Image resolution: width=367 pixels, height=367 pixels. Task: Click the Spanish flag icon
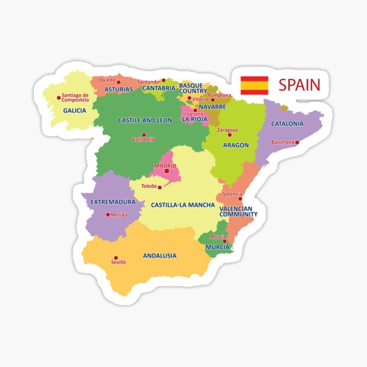(254, 85)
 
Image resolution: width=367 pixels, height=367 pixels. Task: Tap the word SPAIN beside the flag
(299, 85)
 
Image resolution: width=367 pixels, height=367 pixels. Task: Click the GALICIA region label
(75, 111)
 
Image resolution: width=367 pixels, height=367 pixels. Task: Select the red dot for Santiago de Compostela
(59, 97)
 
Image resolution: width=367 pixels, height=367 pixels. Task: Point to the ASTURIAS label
(119, 89)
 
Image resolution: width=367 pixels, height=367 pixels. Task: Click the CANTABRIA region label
(159, 88)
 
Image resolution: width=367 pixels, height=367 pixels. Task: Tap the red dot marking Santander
(163, 80)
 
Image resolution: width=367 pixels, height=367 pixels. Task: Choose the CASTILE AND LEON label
(145, 120)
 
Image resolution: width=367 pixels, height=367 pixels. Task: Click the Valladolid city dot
(144, 135)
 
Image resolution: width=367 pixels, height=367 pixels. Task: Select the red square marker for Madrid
(166, 171)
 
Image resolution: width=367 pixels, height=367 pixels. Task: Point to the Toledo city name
(149, 186)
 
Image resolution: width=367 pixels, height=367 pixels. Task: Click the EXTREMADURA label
(113, 202)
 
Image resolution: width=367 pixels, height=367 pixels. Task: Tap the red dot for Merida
(108, 215)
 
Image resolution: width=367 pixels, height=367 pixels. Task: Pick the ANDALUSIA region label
(160, 256)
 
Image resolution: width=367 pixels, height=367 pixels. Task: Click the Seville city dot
(116, 258)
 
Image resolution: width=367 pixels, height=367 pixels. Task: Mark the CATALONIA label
(287, 124)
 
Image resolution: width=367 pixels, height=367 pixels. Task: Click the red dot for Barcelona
(297, 143)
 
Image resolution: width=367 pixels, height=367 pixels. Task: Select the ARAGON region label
(235, 145)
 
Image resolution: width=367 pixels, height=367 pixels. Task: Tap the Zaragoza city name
(227, 130)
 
